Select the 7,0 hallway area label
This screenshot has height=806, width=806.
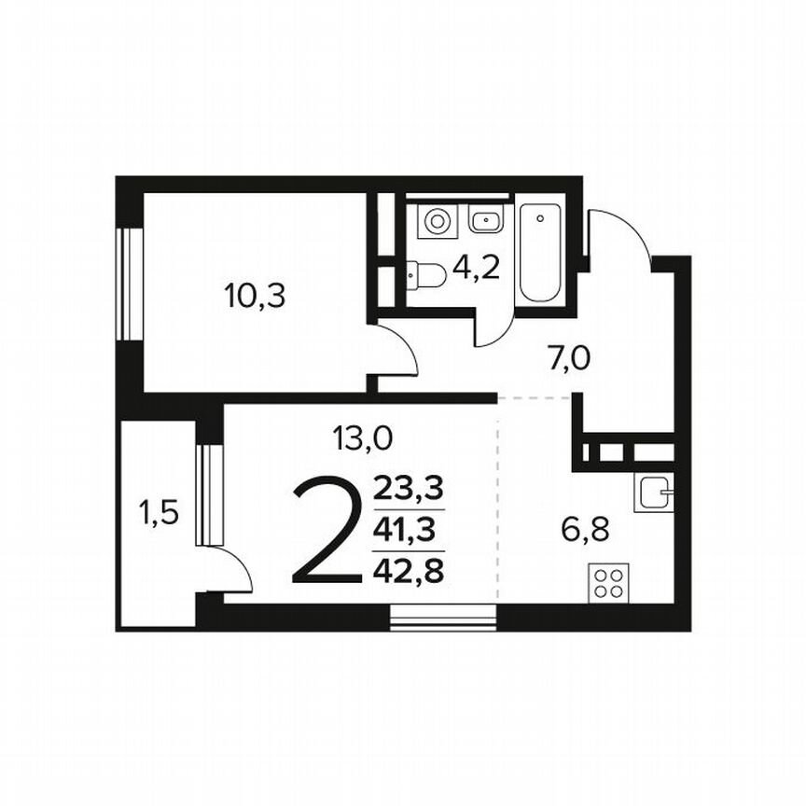(x=570, y=357)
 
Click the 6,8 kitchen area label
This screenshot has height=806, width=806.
(x=585, y=530)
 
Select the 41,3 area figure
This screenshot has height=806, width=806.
(x=409, y=530)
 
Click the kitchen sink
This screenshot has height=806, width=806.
(x=653, y=492)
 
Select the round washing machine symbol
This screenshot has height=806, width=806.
(x=436, y=221)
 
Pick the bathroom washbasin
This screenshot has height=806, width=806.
(x=485, y=221)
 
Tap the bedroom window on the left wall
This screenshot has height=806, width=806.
(x=129, y=281)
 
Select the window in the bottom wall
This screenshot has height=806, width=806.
(x=443, y=618)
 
